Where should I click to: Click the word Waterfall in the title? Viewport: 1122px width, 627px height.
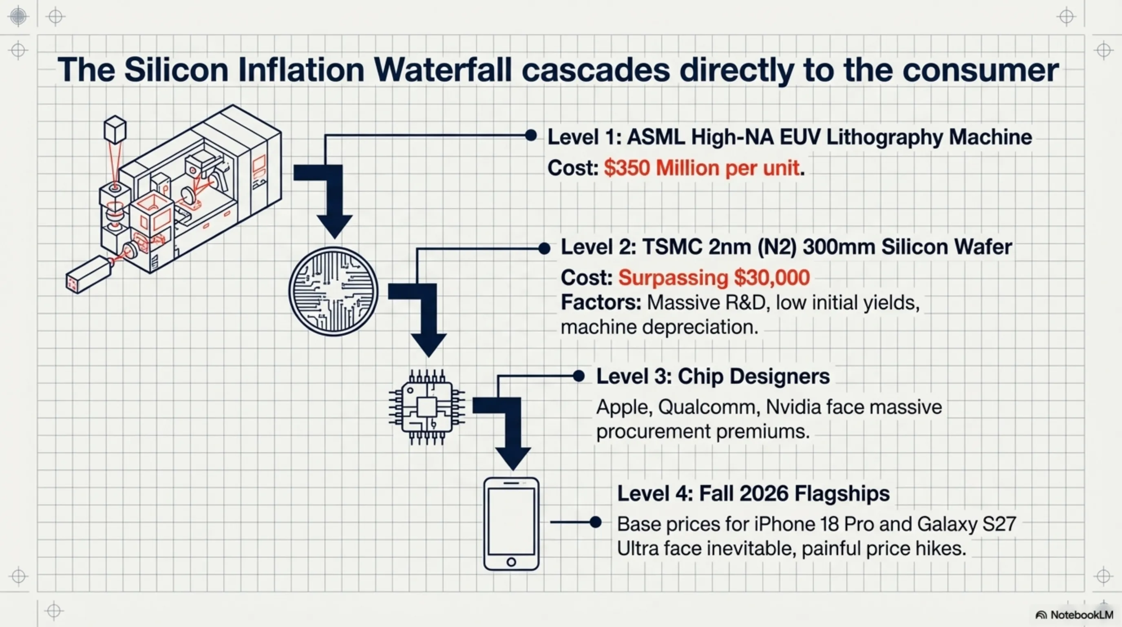[442, 70]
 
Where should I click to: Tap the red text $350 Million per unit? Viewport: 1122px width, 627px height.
[702, 168]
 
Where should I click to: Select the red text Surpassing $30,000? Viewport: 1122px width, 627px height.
[714, 277]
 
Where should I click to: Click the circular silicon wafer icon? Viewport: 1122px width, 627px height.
[334, 291]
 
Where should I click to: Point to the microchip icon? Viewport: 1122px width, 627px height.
[427, 407]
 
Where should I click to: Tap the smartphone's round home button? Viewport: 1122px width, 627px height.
[511, 562]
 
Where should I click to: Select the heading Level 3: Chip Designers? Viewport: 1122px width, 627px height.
[713, 376]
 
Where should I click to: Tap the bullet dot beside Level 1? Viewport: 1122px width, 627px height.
[530, 135]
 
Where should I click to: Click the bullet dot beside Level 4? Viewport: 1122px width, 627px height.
[595, 522]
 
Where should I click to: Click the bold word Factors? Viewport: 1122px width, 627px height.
[601, 302]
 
